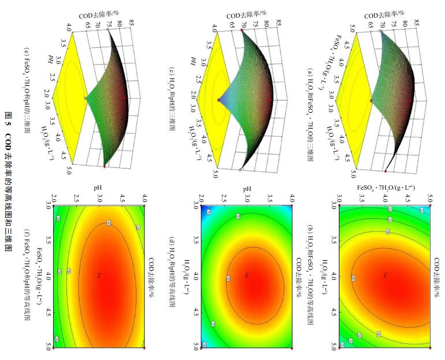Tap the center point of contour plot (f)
point(99,275)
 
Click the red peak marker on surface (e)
point(124,99)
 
